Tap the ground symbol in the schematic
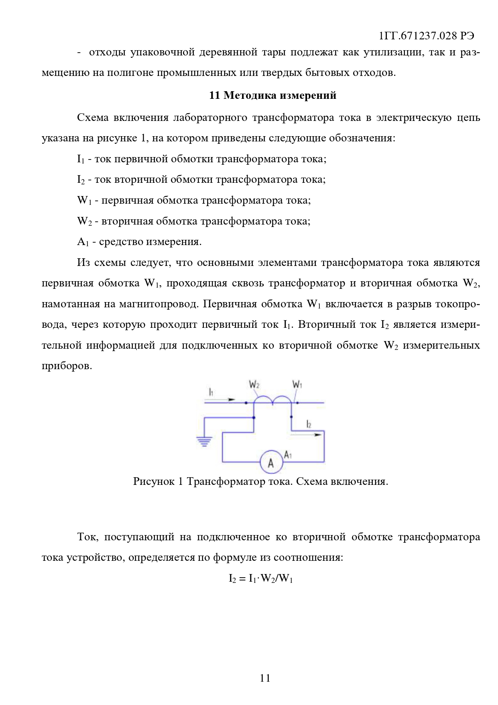click(x=205, y=441)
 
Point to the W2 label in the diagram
click(x=254, y=385)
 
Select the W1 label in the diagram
click(x=297, y=385)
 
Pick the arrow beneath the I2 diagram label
click(x=306, y=434)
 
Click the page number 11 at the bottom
click(x=265, y=678)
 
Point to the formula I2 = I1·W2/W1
click(x=260, y=578)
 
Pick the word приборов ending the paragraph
click(x=67, y=366)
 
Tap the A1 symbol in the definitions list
click(x=82, y=242)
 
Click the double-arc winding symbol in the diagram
click(x=272, y=400)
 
